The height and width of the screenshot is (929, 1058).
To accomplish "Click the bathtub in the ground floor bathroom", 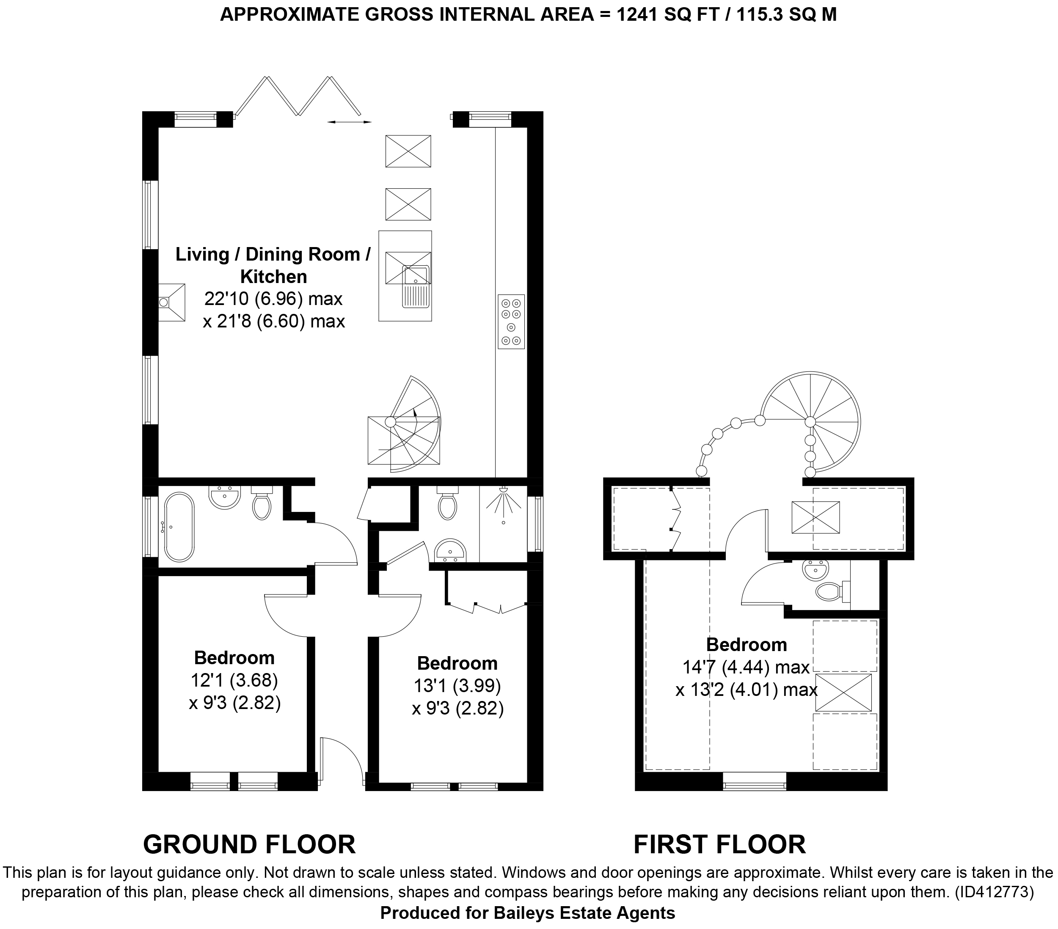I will click(x=179, y=526).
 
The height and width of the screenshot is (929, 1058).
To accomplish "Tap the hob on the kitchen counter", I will click(x=511, y=321).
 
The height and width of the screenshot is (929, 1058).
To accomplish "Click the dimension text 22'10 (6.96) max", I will click(x=273, y=299).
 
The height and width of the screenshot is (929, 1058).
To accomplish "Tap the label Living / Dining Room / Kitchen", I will click(x=273, y=265).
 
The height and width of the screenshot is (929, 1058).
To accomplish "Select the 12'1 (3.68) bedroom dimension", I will click(x=235, y=680).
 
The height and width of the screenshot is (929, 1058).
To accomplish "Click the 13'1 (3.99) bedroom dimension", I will click(x=457, y=686).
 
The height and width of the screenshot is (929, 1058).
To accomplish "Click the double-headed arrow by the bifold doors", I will click(x=350, y=122).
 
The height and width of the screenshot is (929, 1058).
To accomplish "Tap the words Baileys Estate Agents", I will click(x=584, y=913).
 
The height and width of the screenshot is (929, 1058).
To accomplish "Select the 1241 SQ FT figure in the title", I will click(x=668, y=14).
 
